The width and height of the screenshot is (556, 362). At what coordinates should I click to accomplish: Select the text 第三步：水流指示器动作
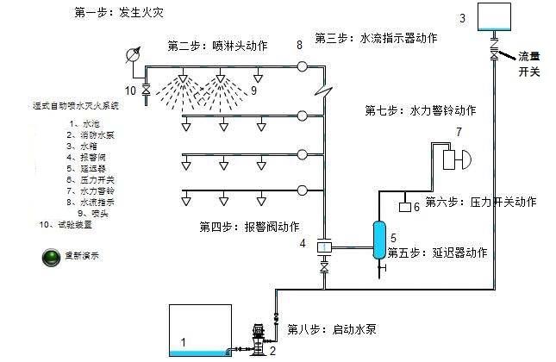(377, 39)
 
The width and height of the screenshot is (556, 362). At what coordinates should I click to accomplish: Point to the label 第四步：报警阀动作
(249, 227)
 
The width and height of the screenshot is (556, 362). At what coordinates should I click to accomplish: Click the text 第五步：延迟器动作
(438, 253)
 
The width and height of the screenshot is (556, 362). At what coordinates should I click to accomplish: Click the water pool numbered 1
(200, 329)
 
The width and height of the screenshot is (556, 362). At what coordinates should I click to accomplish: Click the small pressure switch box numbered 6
(403, 207)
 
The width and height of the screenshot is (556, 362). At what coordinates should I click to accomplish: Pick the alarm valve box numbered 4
(324, 247)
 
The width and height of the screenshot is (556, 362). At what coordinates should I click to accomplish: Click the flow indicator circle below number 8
(302, 66)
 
